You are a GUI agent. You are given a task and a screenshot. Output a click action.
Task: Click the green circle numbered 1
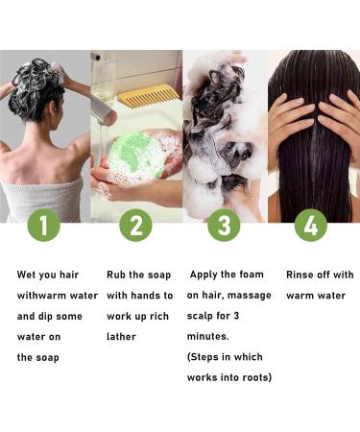[45, 228]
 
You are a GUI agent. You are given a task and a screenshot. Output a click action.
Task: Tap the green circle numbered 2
[135, 228]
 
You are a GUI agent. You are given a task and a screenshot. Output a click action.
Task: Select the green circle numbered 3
[225, 228]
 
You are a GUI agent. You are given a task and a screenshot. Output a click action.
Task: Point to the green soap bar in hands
[133, 152]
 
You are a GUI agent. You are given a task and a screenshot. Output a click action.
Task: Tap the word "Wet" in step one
[29, 275]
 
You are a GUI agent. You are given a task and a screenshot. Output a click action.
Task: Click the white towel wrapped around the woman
[43, 197]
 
